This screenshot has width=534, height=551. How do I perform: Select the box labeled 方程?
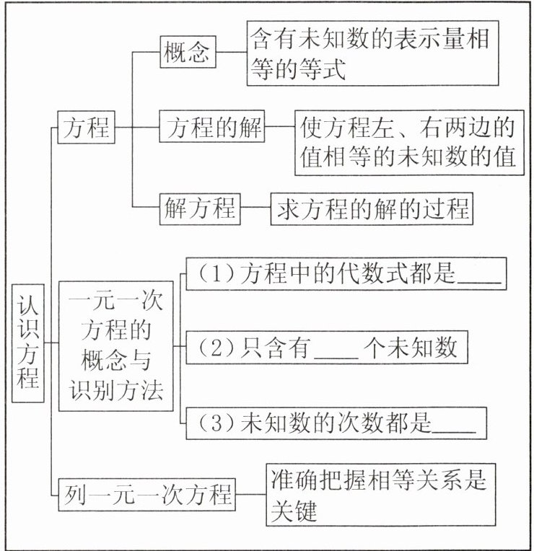(x=86, y=129)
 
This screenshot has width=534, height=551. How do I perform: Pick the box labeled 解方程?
(x=199, y=209)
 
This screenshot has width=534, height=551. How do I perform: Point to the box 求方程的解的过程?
(x=371, y=209)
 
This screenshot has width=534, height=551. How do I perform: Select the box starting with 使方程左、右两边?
(x=408, y=143)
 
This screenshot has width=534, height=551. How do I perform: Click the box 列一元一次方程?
(x=146, y=495)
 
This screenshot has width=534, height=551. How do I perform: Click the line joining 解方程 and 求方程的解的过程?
(x=255, y=209)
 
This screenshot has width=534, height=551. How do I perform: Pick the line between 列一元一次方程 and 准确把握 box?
(x=251, y=495)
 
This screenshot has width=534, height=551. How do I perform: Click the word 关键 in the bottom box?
(x=296, y=511)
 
